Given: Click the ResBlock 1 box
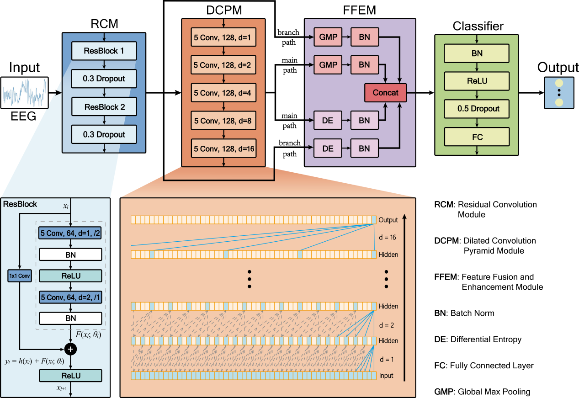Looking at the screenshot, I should pyautogui.click(x=104, y=51).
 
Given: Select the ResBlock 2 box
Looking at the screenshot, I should pyautogui.click(x=104, y=107).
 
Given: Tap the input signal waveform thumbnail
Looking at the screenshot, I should pyautogui.click(x=25, y=92).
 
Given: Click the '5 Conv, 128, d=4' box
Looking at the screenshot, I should pyautogui.click(x=223, y=93).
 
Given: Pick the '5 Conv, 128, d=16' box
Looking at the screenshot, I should pyautogui.click(x=223, y=149).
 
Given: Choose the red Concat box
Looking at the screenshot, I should pyautogui.click(x=385, y=93).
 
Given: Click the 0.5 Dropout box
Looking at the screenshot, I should pyautogui.click(x=477, y=109).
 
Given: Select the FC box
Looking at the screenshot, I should pyautogui.click(x=477, y=137).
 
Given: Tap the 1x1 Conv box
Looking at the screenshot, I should pyautogui.click(x=19, y=276).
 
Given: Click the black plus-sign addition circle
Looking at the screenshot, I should pyautogui.click(x=70, y=349).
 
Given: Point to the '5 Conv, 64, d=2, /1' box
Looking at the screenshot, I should pyautogui.click(x=70, y=297).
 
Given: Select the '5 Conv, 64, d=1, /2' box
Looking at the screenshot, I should pyautogui.click(x=70, y=233).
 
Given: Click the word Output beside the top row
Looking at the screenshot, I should pyautogui.click(x=388, y=220).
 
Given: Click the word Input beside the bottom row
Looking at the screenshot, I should pyautogui.click(x=386, y=376).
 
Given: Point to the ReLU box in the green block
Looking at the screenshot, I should pyautogui.click(x=477, y=81).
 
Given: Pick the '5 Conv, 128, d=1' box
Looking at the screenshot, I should pyautogui.click(x=223, y=37).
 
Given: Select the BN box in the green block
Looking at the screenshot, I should pyautogui.click(x=477, y=53).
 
